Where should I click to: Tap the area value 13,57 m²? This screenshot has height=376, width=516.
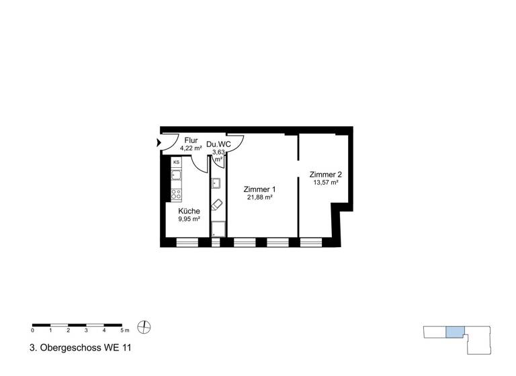click(325, 182)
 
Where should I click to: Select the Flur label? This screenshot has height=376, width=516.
click(191, 140)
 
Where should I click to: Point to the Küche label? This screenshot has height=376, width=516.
click(189, 211)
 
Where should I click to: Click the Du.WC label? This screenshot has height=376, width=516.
click(218, 144)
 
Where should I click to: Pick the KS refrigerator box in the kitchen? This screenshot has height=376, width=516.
click(176, 162)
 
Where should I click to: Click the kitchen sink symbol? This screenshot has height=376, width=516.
click(177, 175)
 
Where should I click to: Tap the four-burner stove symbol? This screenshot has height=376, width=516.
click(177, 193)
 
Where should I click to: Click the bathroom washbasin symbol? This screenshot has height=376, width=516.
click(218, 183)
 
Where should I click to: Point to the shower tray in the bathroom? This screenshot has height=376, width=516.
click(218, 229)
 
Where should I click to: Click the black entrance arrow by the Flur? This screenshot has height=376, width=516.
click(159, 142)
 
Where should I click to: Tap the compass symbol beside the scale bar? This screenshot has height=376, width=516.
click(143, 327)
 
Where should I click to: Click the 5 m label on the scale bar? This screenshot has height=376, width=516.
click(124, 331)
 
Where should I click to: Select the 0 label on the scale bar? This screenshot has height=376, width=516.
click(32, 331)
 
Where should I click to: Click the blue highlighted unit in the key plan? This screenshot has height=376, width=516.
click(455, 331)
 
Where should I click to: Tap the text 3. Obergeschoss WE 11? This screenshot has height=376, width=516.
click(75, 348)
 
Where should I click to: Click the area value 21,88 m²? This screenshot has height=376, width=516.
click(259, 197)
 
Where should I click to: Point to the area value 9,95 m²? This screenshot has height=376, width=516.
click(189, 219)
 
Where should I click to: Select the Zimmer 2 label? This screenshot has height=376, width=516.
click(325, 174)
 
